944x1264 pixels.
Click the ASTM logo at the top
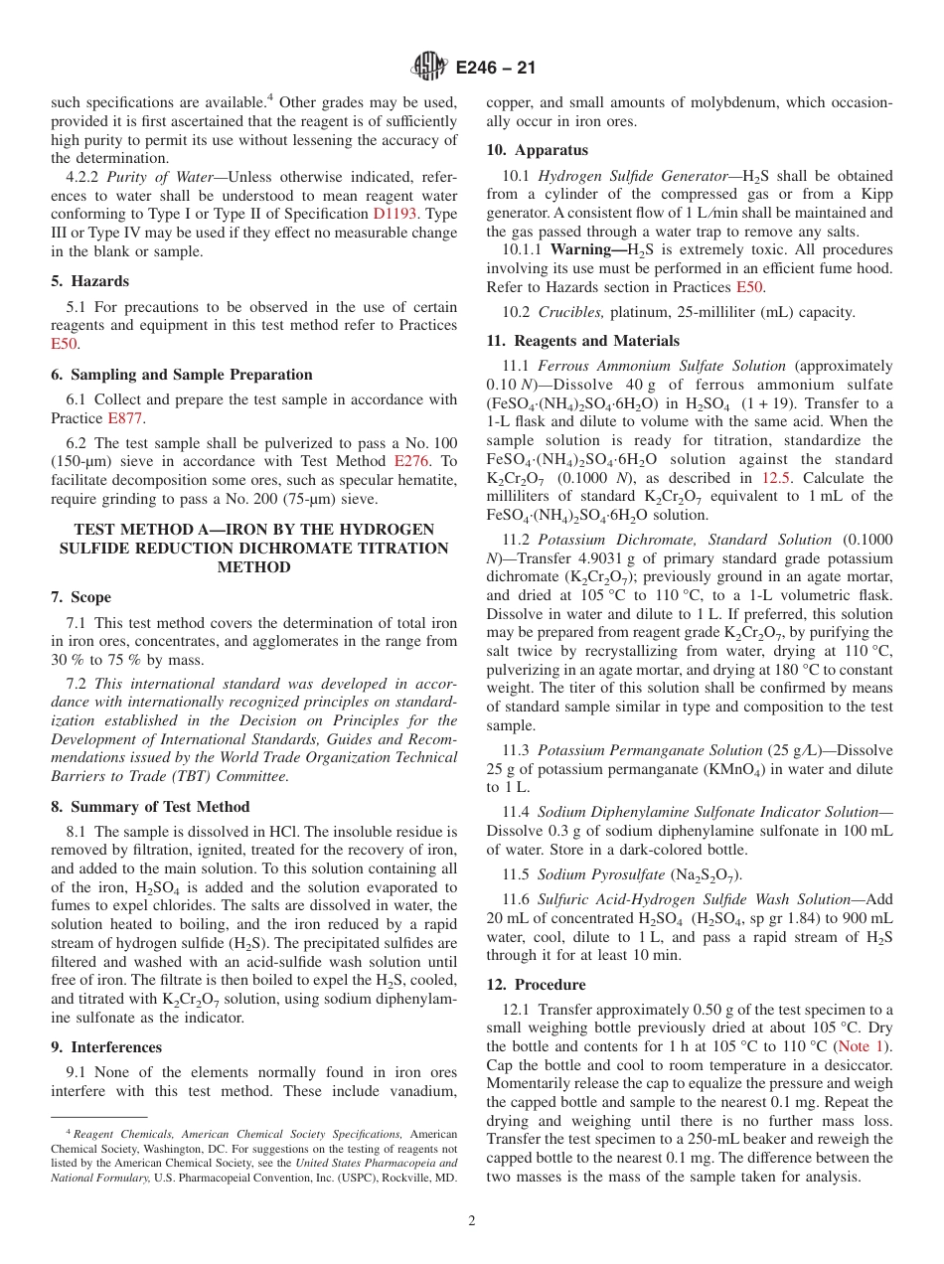[429, 68]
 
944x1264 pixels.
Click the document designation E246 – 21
[495, 68]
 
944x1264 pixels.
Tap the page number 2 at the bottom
[472, 1220]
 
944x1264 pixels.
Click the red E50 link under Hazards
[64, 344]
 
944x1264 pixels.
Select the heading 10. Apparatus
[537, 150]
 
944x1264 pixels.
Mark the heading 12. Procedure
[536, 985]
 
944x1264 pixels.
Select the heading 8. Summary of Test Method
[150, 807]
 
